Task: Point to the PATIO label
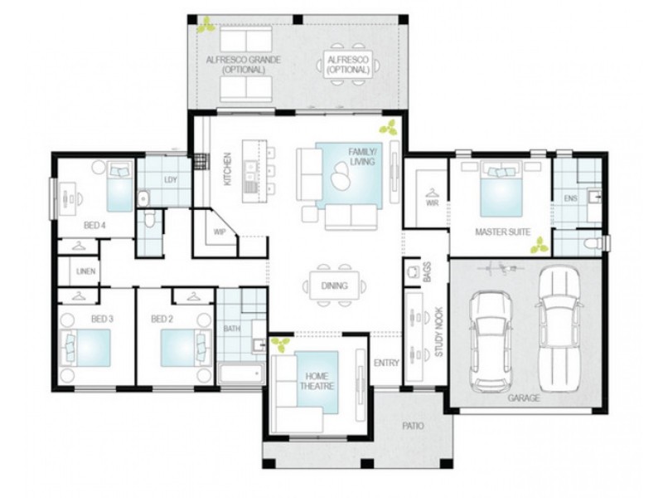coord(412,426)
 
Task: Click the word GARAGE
coord(524,398)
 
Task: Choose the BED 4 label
coord(94,225)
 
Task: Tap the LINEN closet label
coord(85,271)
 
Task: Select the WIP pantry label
coord(220,232)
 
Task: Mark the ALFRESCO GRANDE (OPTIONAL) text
coord(244,65)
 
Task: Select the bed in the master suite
coord(501,190)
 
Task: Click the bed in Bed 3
coord(85,346)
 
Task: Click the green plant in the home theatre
coord(282,344)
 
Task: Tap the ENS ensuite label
coord(570,198)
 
